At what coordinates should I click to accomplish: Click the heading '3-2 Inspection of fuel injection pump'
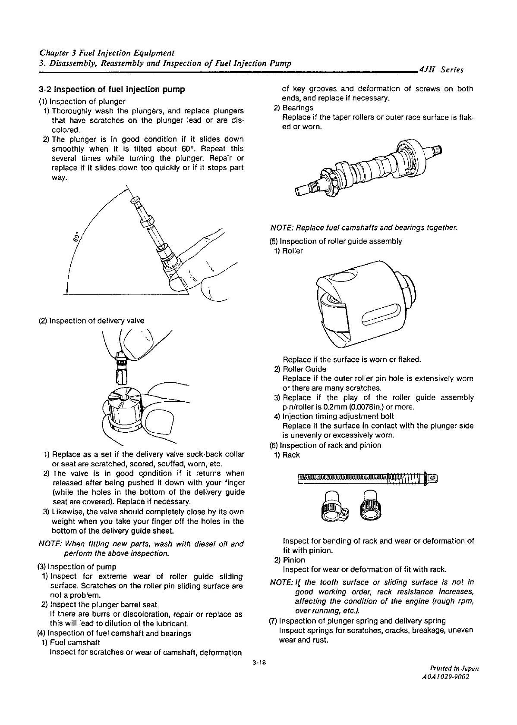click(112, 90)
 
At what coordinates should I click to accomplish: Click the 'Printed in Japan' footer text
click(452, 669)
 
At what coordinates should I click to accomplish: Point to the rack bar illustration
click(367, 478)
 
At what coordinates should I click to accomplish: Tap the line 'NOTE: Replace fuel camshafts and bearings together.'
click(363, 228)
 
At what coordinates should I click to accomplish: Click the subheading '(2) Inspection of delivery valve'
click(91, 321)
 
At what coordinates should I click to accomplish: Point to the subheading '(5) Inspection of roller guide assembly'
click(335, 241)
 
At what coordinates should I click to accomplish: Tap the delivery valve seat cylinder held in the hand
click(123, 409)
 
